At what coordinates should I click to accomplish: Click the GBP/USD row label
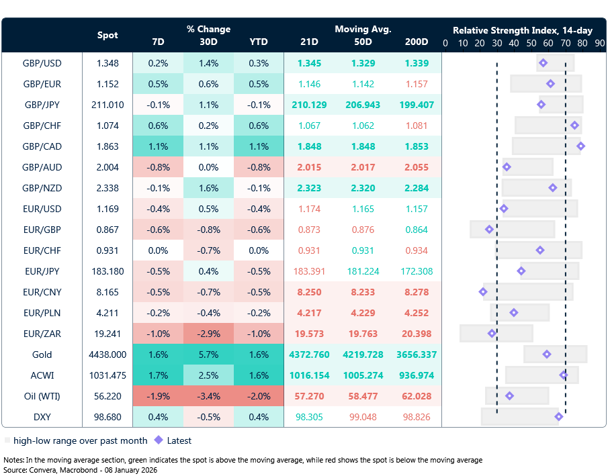42,63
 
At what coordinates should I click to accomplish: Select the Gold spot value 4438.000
107,354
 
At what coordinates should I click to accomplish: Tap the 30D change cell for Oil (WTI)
208,396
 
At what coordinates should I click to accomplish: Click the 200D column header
416,42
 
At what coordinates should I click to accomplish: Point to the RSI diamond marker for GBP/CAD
580,146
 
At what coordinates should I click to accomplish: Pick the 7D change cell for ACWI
158,375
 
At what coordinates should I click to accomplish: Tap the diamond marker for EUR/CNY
483,291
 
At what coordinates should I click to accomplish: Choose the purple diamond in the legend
159,440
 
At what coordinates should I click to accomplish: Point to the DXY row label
42,417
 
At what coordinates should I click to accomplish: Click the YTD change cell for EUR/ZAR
258,334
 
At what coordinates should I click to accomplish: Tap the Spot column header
107,35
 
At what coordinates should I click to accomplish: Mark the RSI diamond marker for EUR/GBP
489,230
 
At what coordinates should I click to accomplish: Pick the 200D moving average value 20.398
416,334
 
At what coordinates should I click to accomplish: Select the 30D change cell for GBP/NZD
208,188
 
